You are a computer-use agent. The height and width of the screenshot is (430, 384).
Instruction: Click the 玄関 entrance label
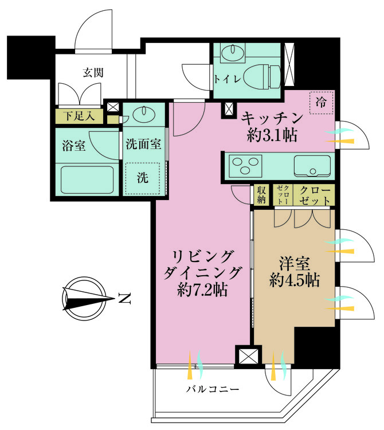[x=93, y=73]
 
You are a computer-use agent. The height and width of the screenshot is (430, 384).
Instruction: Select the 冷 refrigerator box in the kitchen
[x=321, y=103]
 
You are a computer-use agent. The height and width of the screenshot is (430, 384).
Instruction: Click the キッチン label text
[x=272, y=119]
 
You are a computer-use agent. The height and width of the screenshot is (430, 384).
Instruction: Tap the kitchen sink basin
[x=312, y=166]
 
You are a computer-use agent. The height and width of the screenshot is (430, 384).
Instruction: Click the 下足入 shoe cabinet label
[x=79, y=116]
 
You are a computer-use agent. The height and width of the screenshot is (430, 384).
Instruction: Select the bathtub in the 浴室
[x=87, y=179]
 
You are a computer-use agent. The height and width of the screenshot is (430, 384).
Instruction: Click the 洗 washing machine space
[x=143, y=178]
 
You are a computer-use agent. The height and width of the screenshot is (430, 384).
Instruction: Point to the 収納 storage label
[x=261, y=195]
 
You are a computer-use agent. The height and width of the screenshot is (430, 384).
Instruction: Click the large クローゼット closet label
[x=315, y=196]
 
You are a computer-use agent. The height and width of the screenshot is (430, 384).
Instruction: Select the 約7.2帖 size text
[x=202, y=290]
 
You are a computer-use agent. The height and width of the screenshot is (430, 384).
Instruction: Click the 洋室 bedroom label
[x=295, y=263]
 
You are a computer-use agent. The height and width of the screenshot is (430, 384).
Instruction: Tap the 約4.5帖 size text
[x=295, y=280]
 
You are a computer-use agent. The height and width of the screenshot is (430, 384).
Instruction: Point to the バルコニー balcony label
[x=213, y=389]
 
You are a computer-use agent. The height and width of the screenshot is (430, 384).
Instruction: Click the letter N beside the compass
[x=124, y=299]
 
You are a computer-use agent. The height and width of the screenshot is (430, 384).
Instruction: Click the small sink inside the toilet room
[x=233, y=50]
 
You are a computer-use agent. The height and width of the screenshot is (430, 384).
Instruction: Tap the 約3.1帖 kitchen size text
[x=272, y=135]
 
